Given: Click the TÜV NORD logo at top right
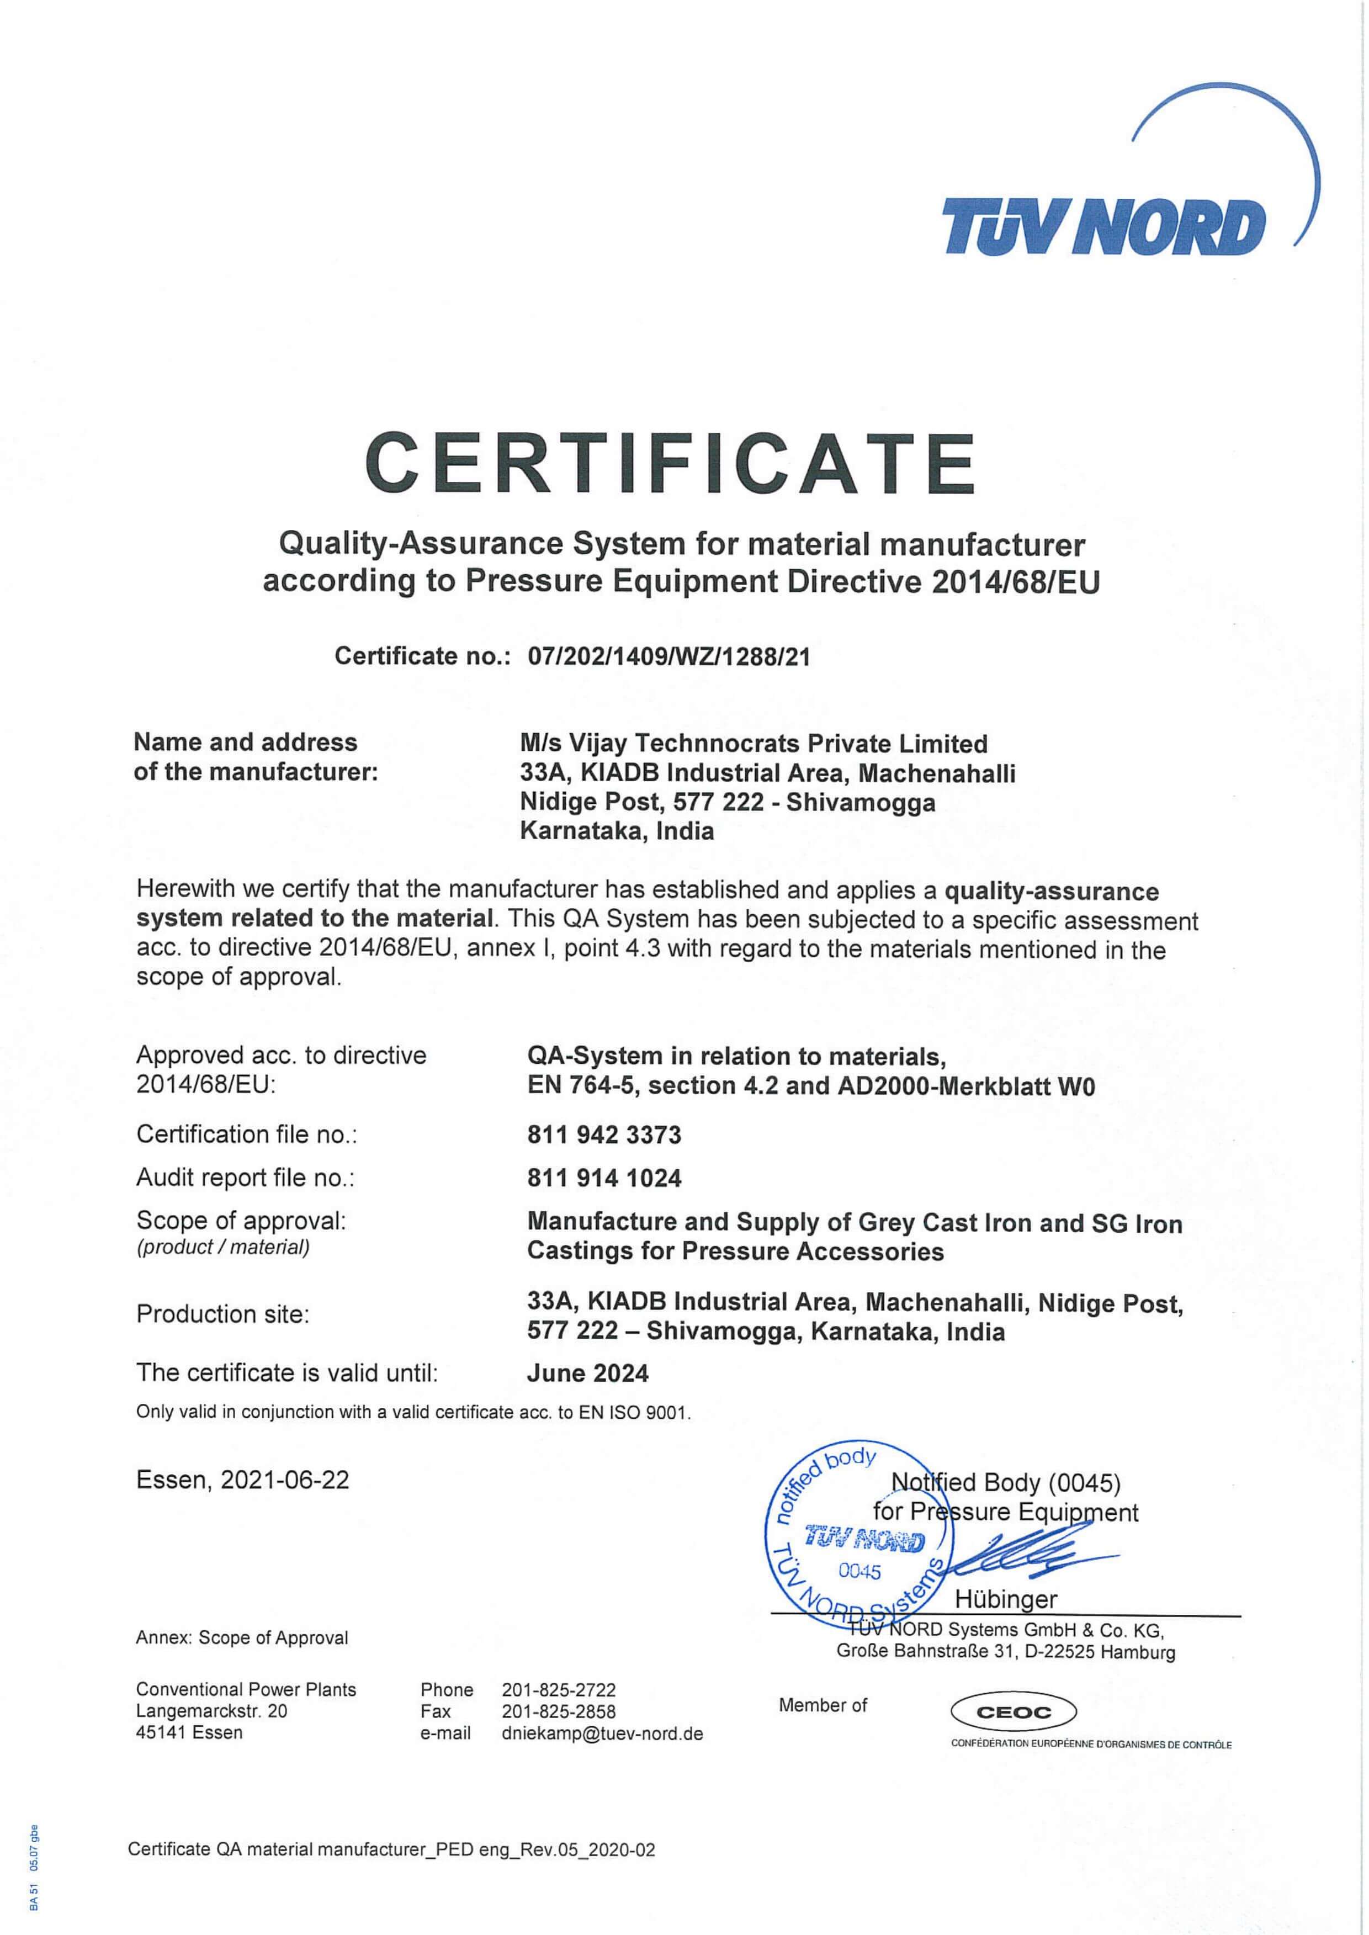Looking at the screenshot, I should [x=1104, y=226].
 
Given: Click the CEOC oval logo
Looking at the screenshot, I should [x=1014, y=1713].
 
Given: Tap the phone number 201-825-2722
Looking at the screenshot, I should [x=558, y=1690].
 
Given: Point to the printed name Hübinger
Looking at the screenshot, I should [x=1006, y=1599].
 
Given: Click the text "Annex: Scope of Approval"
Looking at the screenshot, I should [x=242, y=1637].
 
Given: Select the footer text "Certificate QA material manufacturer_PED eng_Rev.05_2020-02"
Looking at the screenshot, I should [x=391, y=1874].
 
